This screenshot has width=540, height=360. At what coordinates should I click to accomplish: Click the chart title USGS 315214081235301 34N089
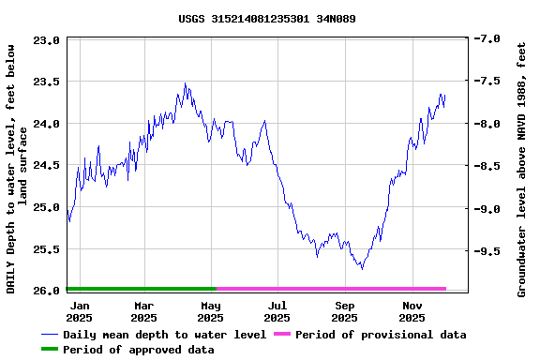click(266, 19)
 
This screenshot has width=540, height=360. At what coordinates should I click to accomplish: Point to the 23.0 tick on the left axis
click(47, 40)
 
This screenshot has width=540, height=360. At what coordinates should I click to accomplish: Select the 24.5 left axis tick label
click(47, 165)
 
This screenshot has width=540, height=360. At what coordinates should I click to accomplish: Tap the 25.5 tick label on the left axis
click(47, 249)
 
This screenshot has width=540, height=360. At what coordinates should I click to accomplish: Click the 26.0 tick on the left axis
click(47, 291)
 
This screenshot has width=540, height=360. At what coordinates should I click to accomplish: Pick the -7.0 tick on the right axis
click(487, 39)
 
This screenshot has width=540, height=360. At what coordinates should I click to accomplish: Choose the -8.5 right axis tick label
click(487, 166)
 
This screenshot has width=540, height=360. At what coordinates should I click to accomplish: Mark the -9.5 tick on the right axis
click(487, 251)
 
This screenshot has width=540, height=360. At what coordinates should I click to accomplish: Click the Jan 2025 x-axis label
click(80, 311)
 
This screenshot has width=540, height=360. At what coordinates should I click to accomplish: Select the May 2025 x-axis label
click(211, 311)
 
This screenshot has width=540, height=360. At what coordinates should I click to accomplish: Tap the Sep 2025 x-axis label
click(345, 311)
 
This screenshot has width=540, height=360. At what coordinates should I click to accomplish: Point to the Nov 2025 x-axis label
click(412, 311)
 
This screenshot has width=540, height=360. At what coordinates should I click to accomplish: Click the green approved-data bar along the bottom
click(141, 289)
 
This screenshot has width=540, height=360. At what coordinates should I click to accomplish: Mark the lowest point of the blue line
click(362, 269)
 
